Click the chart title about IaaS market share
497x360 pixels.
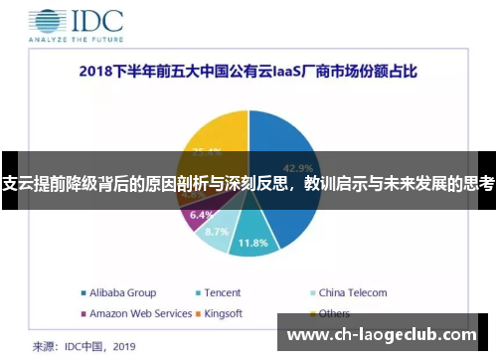(248, 72)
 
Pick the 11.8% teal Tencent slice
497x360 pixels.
(254, 239)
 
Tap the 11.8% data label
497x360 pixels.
(253, 243)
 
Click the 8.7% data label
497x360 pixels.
(216, 232)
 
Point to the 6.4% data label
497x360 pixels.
(201, 215)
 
